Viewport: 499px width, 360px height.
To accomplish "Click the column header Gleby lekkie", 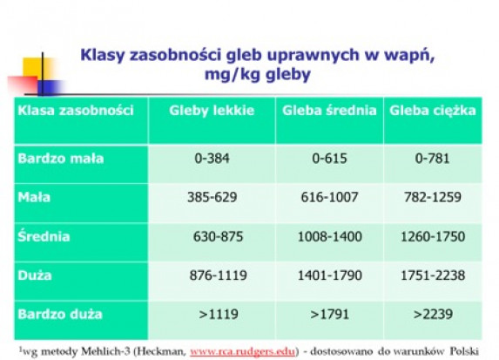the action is tap(212, 111).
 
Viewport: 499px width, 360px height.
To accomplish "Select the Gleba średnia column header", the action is tap(329, 111).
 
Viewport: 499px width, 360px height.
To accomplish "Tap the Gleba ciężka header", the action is tap(433, 111).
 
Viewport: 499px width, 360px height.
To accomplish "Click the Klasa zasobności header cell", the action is tap(76, 111).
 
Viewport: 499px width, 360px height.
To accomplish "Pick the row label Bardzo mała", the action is tap(61, 159).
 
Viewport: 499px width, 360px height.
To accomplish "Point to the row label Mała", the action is tap(34, 197).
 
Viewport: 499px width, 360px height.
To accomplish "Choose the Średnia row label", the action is tap(44, 236).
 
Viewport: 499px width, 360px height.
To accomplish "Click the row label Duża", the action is tap(35, 275).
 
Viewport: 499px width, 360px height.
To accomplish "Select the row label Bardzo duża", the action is tap(60, 314).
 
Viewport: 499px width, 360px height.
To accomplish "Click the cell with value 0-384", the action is tap(212, 159).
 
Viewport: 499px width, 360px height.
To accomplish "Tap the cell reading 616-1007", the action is tap(329, 197).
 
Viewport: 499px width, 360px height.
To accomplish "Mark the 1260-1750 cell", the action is tap(433, 236).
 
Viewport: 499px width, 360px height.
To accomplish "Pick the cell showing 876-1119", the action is tap(218, 275).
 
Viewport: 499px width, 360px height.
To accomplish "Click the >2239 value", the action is tap(433, 315).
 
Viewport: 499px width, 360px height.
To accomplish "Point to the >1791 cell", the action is tap(329, 315).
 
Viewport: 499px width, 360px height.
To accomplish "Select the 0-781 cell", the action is tap(433, 159).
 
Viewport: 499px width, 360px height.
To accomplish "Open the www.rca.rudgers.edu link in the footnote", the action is tap(243, 351).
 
